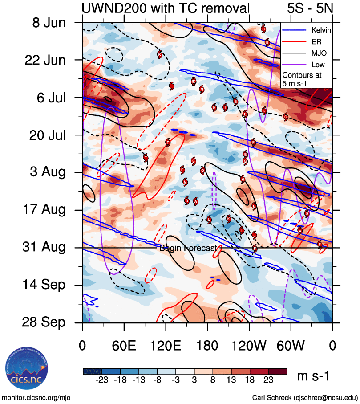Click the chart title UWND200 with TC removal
[165, 8]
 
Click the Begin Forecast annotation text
[188, 248]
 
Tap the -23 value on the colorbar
[102, 381]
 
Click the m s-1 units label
[313, 377]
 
